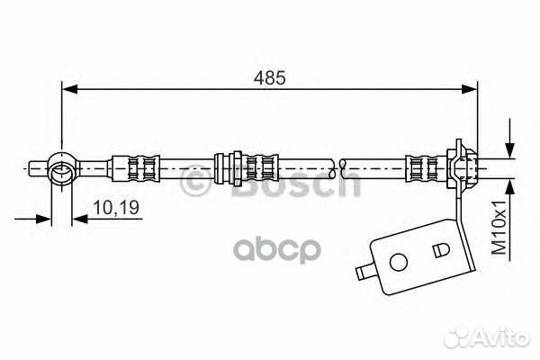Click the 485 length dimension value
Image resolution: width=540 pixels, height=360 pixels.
pos(270,78)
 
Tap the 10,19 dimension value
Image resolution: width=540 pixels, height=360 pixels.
pos(116,207)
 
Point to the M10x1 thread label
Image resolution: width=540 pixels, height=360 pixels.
pos(499,227)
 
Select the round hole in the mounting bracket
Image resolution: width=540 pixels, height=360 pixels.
pos(398,262)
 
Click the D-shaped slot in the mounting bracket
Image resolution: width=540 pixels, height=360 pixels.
pos(440,250)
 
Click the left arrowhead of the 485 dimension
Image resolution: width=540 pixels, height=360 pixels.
pos(69,89)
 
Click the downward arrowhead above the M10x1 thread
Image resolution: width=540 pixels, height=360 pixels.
pos(510,150)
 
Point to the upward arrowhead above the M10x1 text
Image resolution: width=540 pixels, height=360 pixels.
pos(510,187)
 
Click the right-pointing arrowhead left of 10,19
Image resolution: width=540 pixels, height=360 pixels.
pos(44,219)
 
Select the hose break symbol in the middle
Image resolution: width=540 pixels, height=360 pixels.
pos(337,168)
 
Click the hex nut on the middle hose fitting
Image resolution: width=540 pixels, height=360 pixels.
pos(237,168)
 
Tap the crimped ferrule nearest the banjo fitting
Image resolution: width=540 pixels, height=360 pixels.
pos(134,168)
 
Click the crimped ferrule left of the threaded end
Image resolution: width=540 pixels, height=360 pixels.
pos(427,168)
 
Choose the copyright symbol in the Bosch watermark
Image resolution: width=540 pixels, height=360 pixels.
pos(195,181)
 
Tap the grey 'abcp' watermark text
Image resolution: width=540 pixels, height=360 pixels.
pos(277,250)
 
